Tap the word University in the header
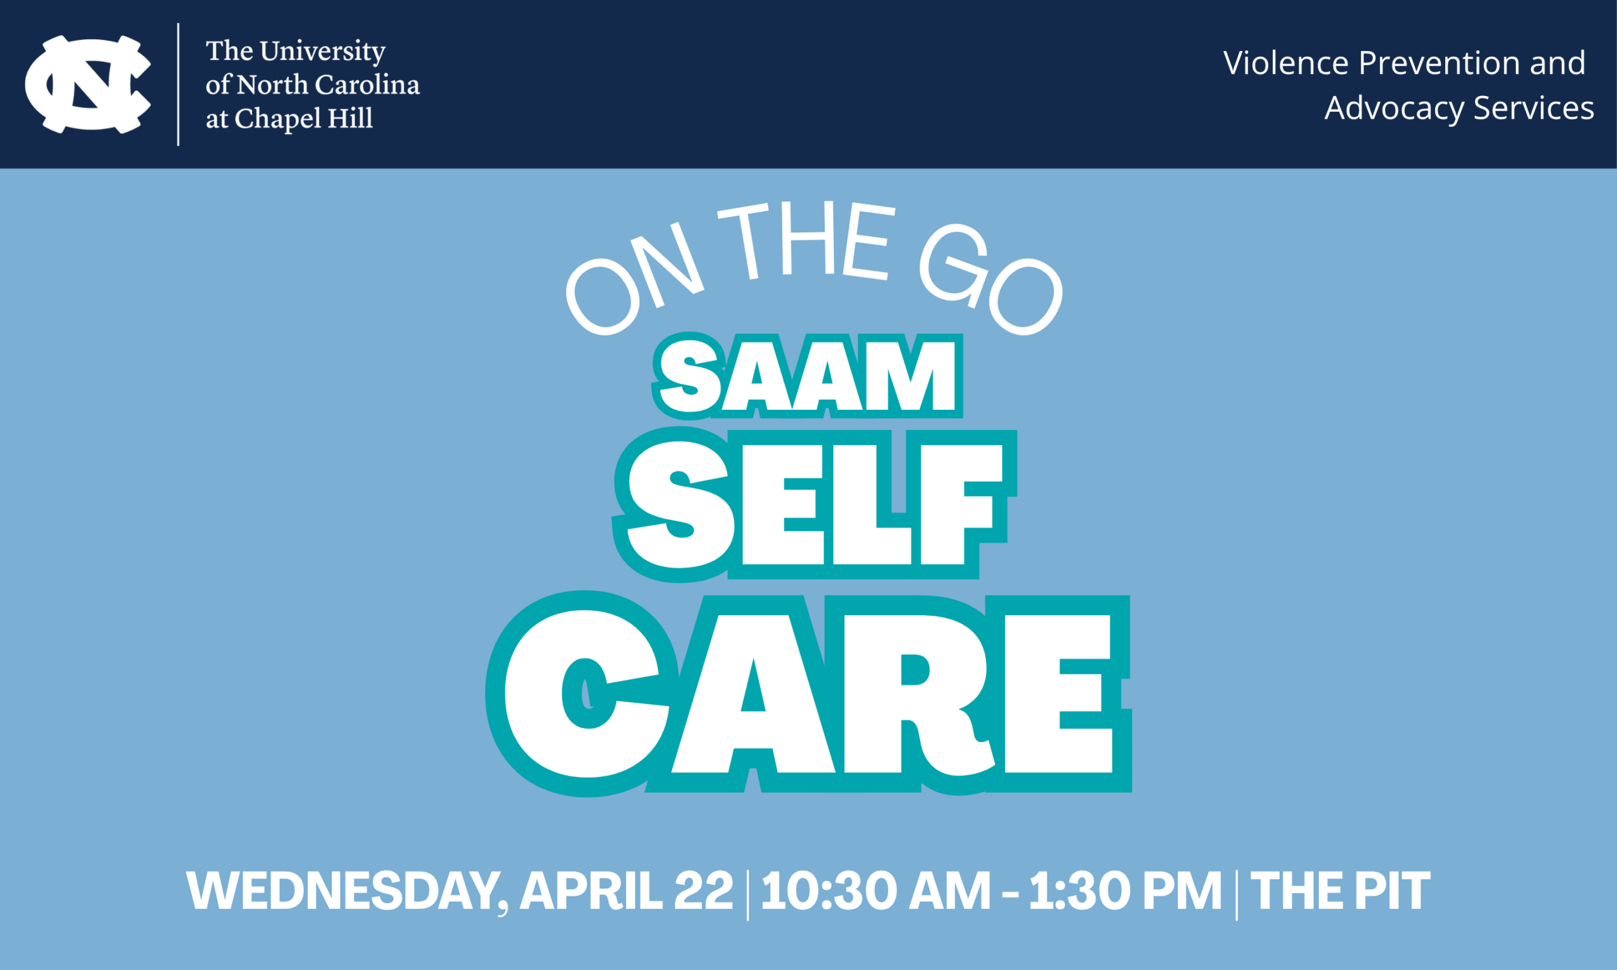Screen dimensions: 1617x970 323,52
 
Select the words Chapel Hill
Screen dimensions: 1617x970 304,119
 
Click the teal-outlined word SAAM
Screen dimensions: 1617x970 807,375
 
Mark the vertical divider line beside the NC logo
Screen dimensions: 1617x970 178,85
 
